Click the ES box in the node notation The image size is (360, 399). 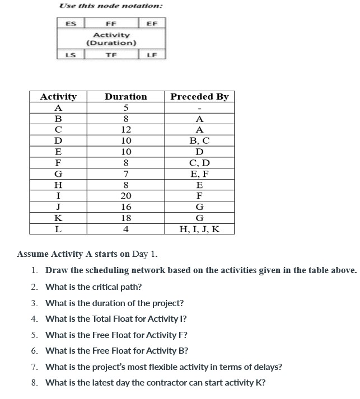(x=71, y=24)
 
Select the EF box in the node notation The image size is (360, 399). (x=152, y=24)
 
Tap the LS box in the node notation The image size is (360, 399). (x=71, y=54)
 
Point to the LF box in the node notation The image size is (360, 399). (x=152, y=54)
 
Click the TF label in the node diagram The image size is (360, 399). (x=111, y=54)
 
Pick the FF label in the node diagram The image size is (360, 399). (x=111, y=24)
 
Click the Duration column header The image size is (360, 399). (x=126, y=97)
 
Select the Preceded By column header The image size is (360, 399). (x=199, y=97)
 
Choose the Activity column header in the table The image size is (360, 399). (x=58, y=97)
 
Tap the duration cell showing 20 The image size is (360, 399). (x=126, y=196)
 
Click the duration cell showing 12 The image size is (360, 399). (x=126, y=130)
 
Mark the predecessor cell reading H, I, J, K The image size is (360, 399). (x=199, y=229)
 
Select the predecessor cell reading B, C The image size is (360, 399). (x=199, y=141)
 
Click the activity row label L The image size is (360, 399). (x=58, y=229)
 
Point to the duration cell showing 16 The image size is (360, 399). (x=126, y=207)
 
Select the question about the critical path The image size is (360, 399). (x=93, y=287)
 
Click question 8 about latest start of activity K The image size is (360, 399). (x=155, y=383)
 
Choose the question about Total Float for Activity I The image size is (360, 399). (x=116, y=319)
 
